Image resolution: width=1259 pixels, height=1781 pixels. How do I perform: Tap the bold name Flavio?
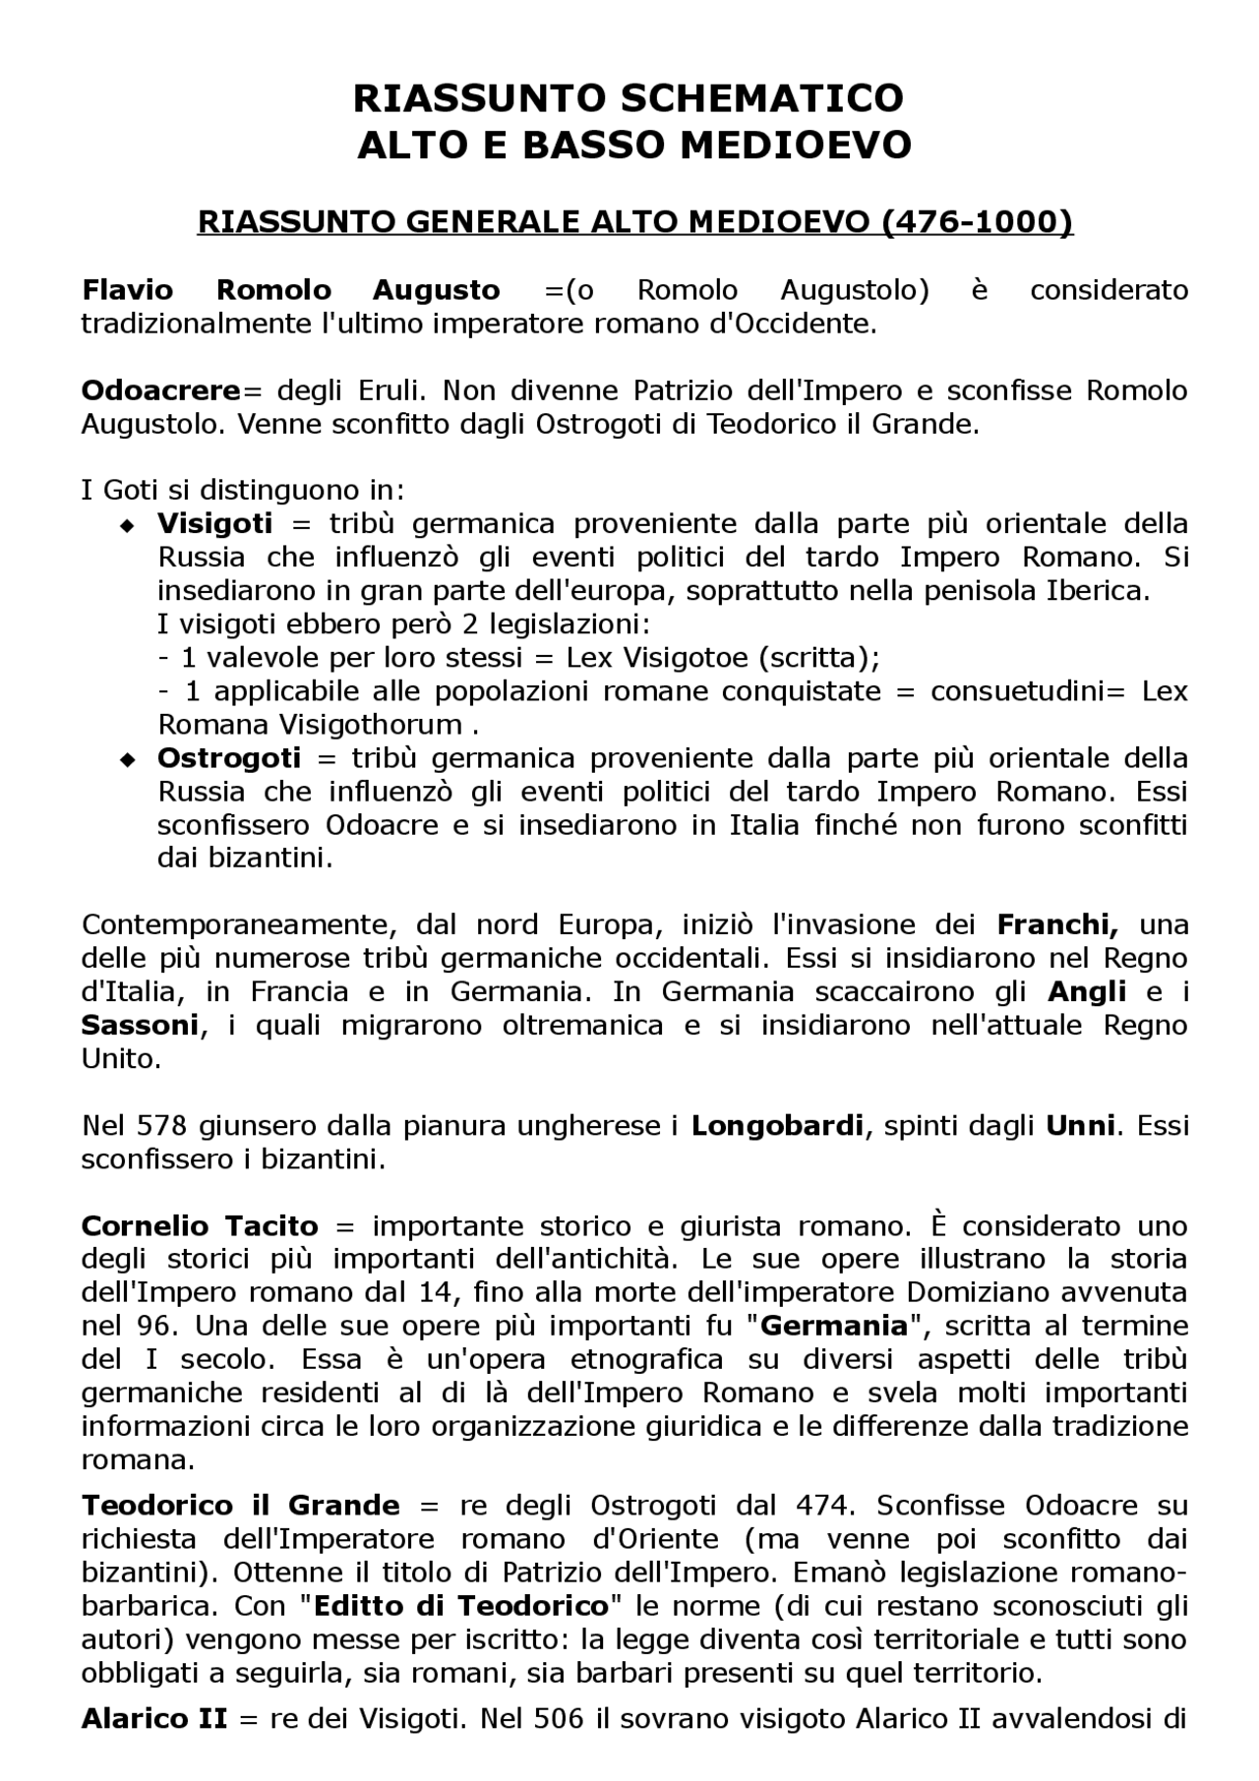[x=127, y=290]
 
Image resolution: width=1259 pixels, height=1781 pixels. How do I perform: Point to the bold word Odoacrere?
[x=160, y=390]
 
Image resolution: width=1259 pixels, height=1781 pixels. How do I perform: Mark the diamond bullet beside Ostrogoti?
[x=126, y=760]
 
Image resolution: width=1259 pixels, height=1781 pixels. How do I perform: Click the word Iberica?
[x=1098, y=591]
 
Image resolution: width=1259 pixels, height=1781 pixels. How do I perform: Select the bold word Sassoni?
[x=141, y=1026]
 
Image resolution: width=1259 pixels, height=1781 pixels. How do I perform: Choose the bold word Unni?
[x=1080, y=1126]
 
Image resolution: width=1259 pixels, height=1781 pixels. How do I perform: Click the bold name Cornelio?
[x=146, y=1226]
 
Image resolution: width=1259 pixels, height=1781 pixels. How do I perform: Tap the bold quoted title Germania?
[x=833, y=1327]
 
